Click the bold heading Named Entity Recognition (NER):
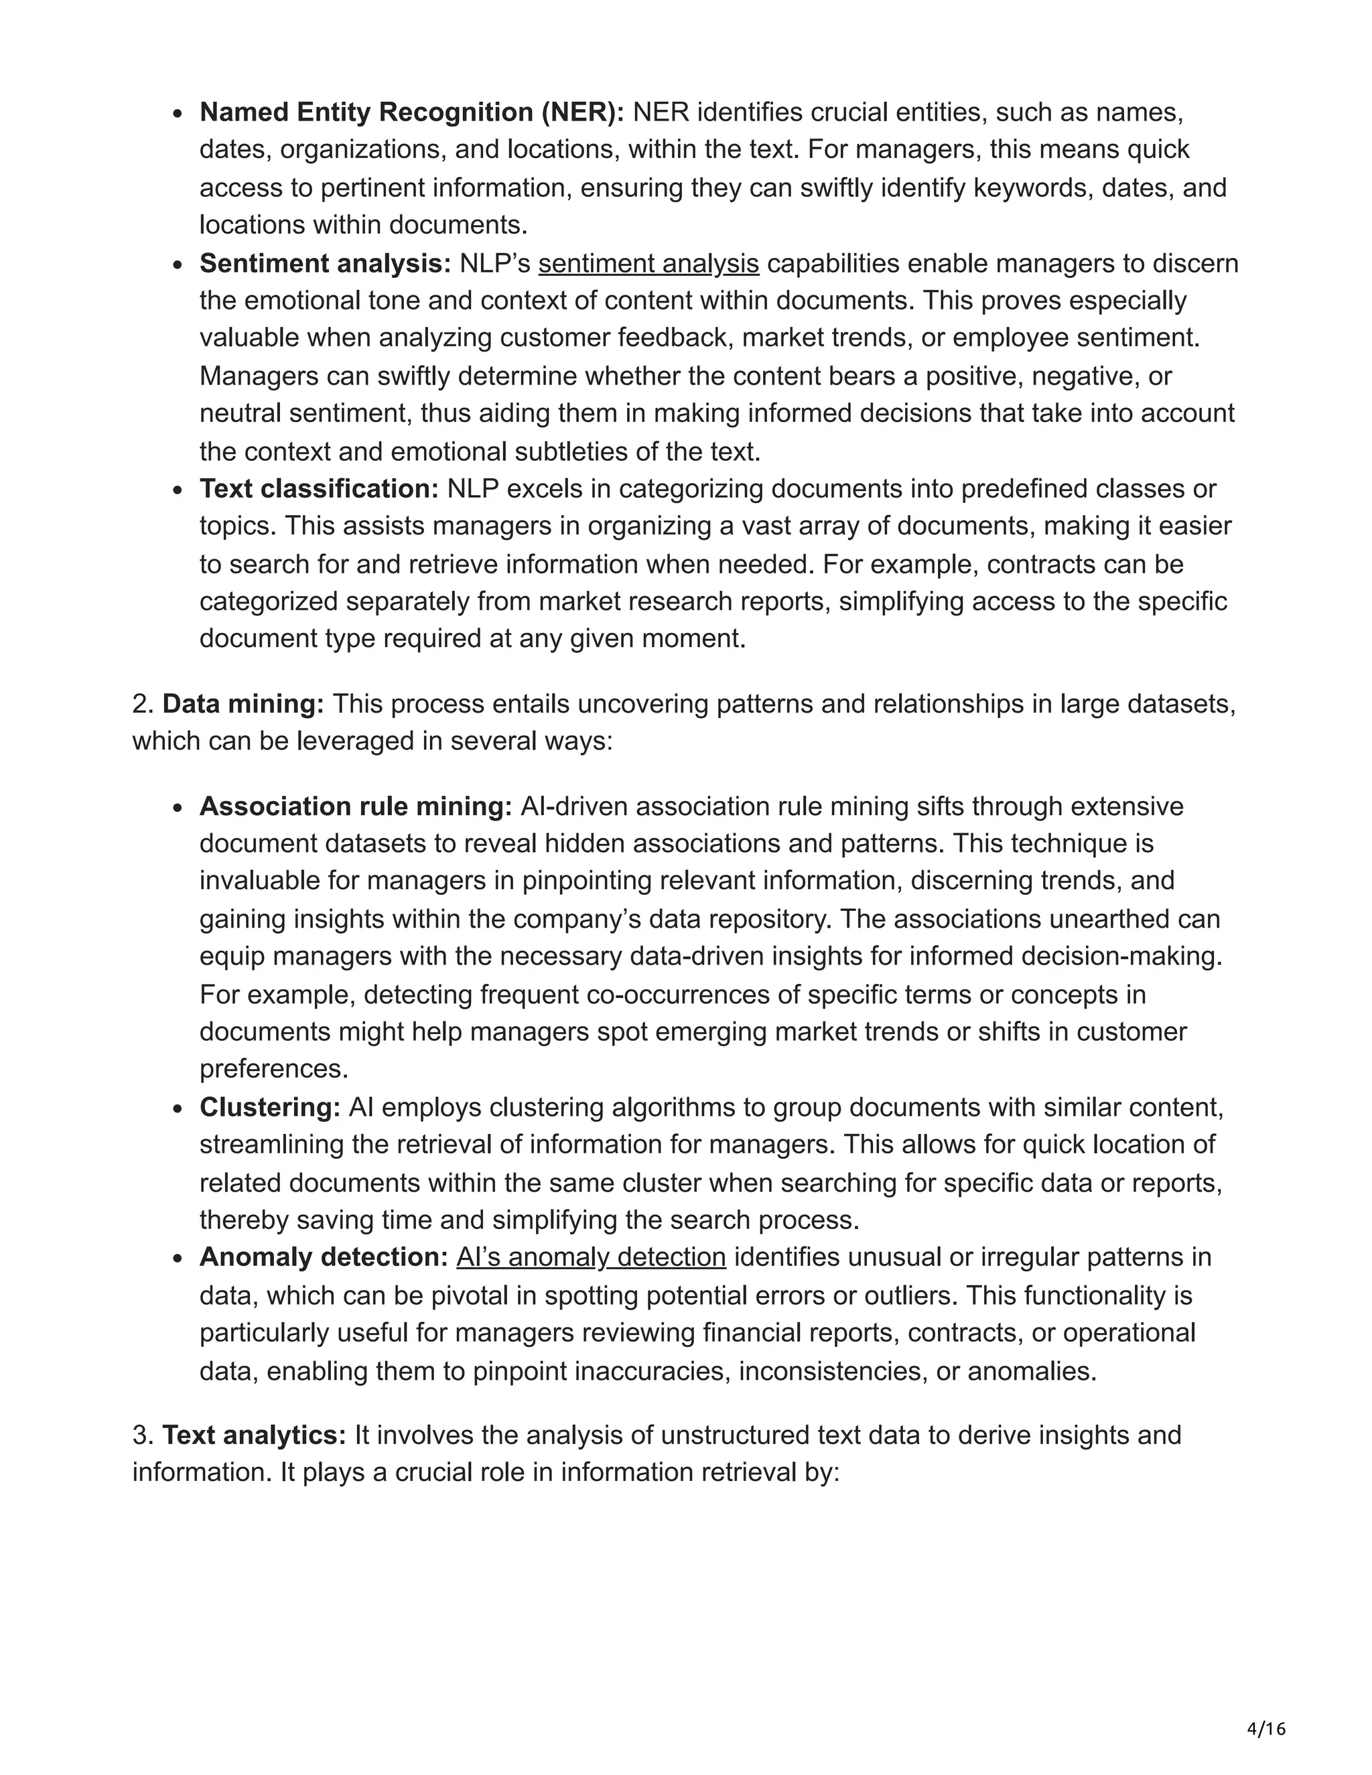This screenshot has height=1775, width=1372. tap(411, 112)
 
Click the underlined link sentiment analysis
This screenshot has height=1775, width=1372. tap(648, 263)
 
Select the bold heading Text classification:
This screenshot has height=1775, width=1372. tap(319, 488)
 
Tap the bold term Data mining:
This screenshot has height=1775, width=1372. tap(243, 704)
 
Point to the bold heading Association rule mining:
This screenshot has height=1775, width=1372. tap(355, 806)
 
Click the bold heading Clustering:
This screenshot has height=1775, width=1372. tap(270, 1107)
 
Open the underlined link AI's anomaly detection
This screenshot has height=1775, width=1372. tap(591, 1257)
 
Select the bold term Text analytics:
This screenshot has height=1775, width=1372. tap(255, 1435)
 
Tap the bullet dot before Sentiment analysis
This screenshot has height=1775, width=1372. tap(178, 265)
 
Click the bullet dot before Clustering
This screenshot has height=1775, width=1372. tap(178, 1109)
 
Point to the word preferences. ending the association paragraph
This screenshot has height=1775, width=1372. tap(274, 1069)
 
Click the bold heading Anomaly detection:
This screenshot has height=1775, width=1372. tap(324, 1257)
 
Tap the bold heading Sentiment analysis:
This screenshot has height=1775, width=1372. tap(325, 263)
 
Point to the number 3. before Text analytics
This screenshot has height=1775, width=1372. tap(143, 1435)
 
